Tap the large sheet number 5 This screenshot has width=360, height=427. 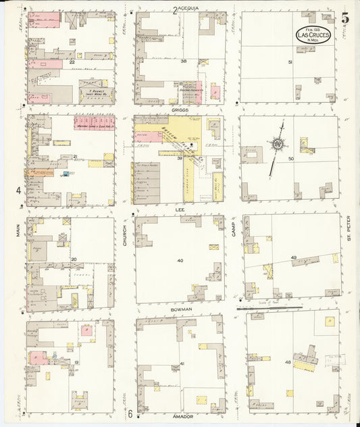(x=344, y=18)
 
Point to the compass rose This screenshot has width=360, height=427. (x=277, y=144)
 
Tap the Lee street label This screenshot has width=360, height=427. (x=180, y=209)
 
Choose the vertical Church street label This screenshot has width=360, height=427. (x=126, y=233)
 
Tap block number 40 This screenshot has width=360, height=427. (x=180, y=260)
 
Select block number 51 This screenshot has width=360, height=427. (x=290, y=62)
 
